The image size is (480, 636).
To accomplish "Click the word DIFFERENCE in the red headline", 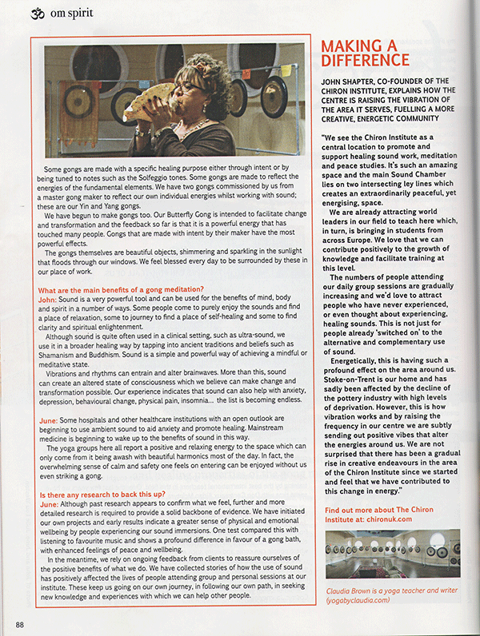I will click(365, 60).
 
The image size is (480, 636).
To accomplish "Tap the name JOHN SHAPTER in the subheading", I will click(352, 81).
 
